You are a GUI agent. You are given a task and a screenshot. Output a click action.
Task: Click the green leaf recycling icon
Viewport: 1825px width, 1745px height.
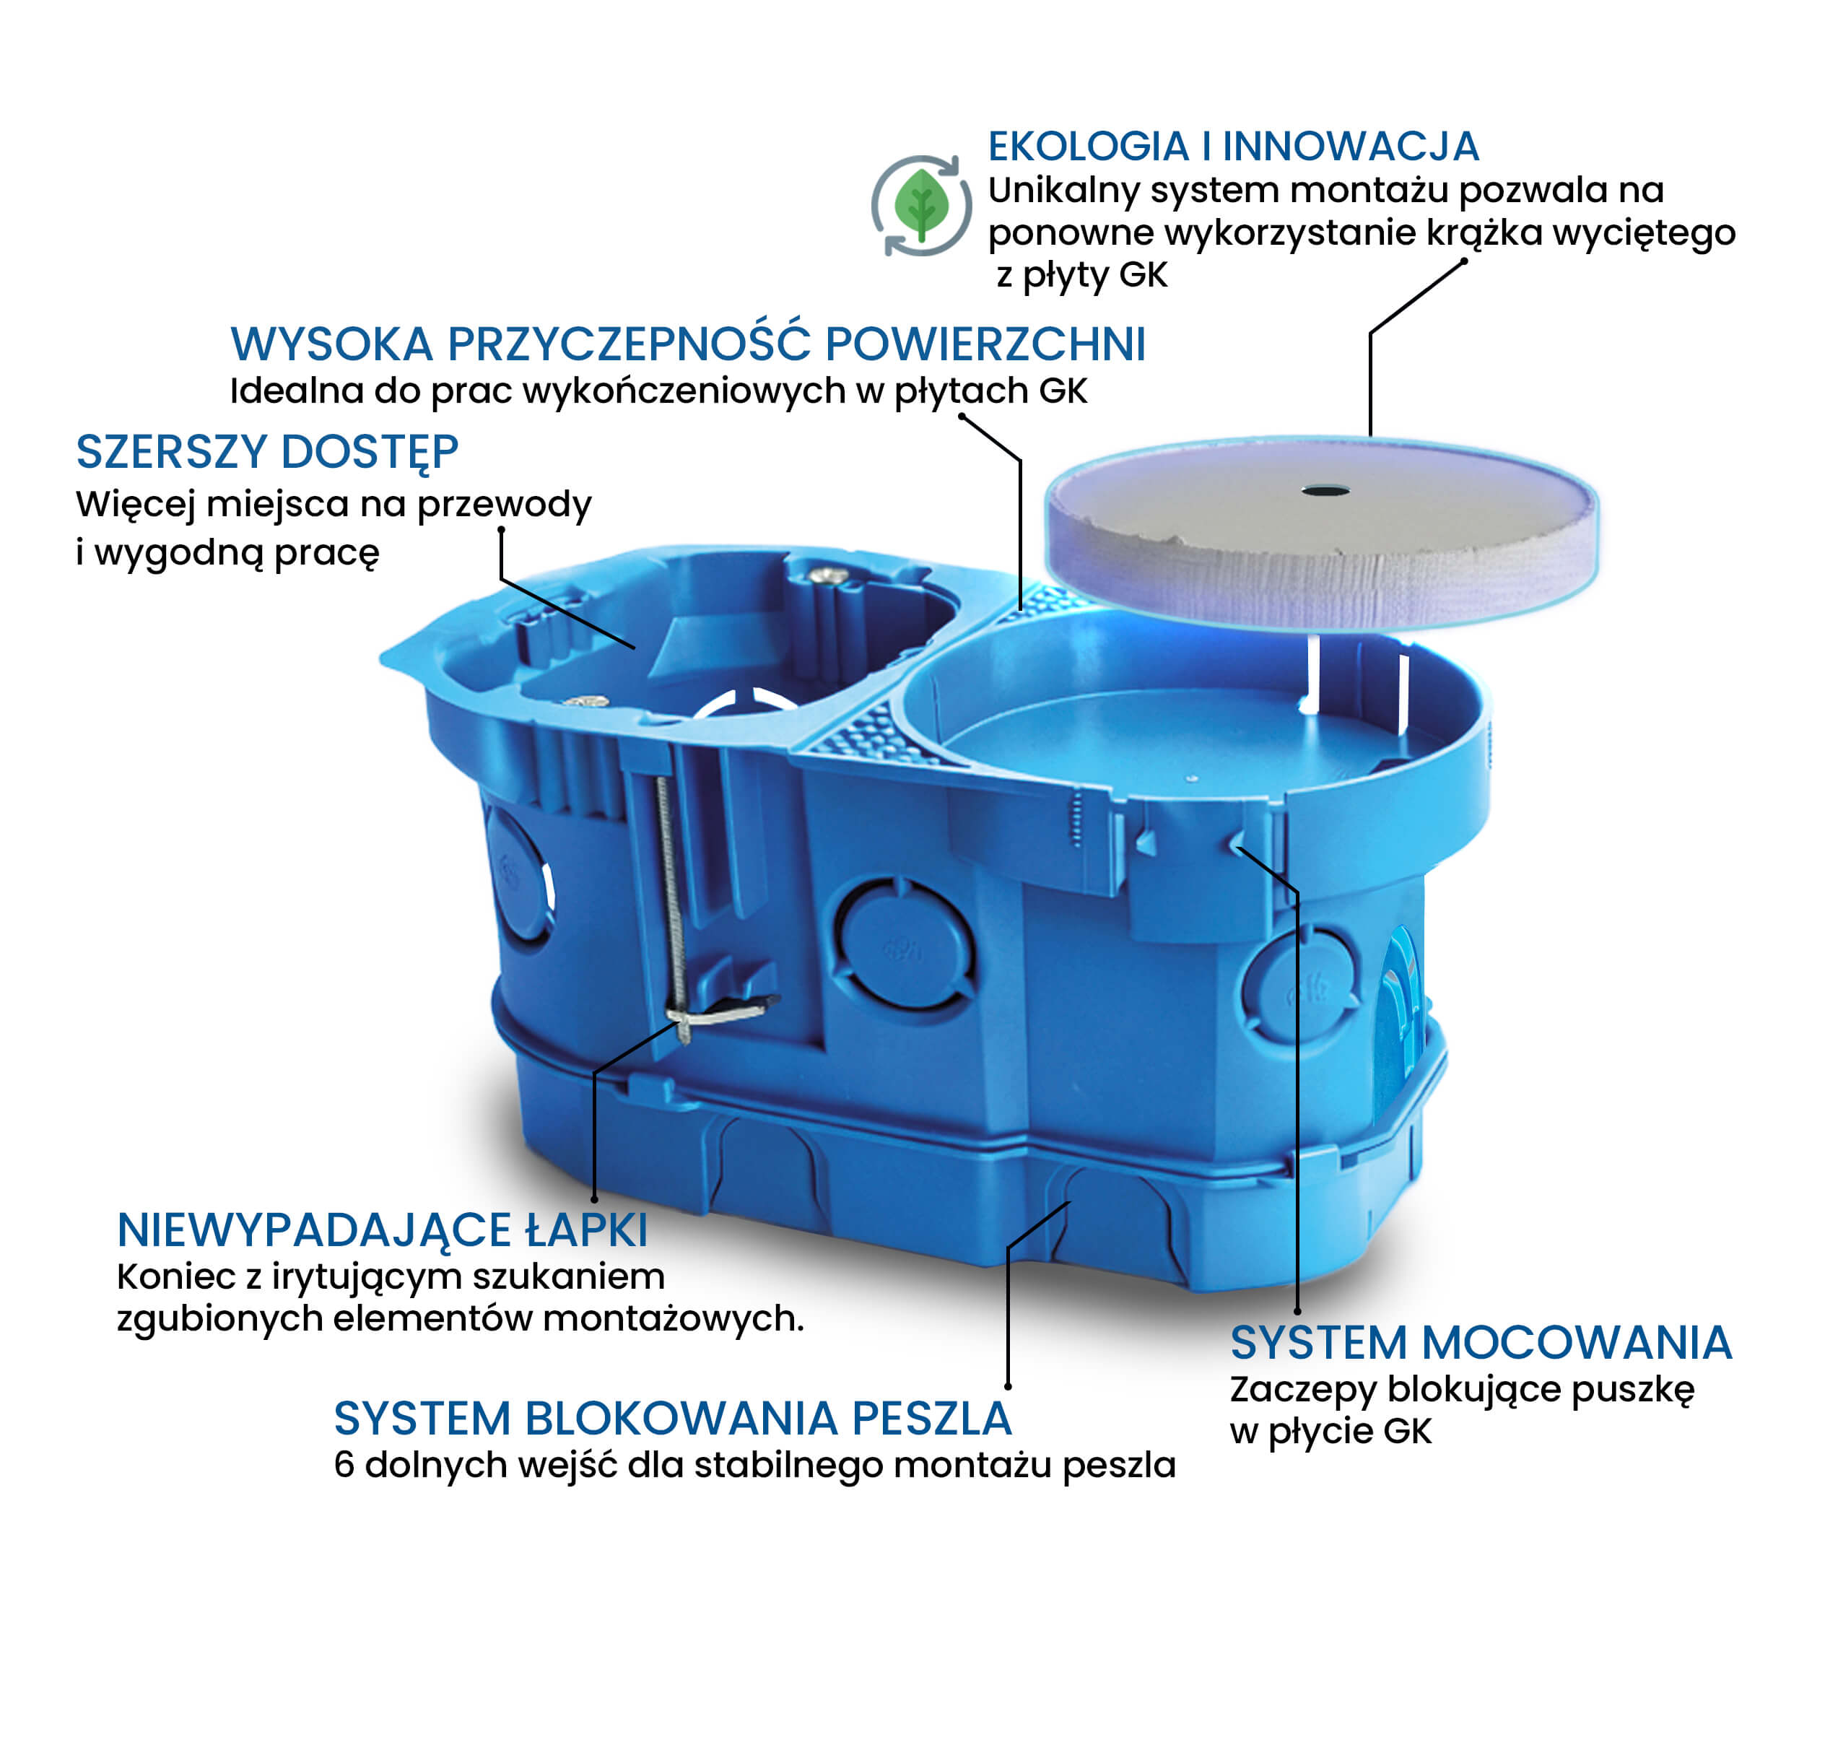(921, 206)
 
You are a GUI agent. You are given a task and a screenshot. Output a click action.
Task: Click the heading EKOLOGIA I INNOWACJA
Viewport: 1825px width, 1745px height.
(1232, 146)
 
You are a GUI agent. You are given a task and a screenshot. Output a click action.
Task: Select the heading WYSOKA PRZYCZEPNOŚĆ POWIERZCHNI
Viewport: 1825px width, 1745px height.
(687, 344)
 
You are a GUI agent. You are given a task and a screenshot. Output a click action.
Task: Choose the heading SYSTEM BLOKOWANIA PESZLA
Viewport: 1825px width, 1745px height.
(673, 1419)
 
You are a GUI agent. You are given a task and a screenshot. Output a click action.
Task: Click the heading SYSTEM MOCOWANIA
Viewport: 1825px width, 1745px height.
(1481, 1343)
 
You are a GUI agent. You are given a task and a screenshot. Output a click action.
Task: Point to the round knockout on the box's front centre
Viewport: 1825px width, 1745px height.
(903, 942)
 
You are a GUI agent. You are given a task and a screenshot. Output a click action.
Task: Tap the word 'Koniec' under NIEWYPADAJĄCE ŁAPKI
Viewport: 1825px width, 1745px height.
(175, 1277)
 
